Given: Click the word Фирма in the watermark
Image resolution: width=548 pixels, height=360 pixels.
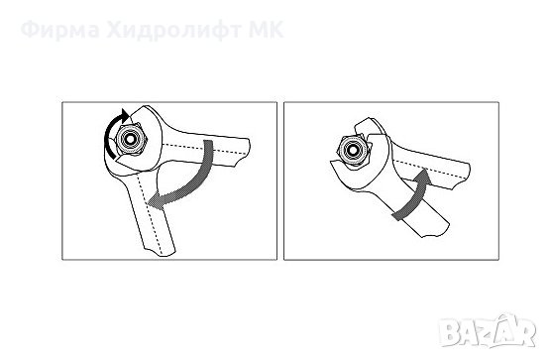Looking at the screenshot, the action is pyautogui.click(x=60, y=31).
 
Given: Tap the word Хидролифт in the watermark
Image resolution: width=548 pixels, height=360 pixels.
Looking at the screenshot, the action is pyautogui.click(x=173, y=31).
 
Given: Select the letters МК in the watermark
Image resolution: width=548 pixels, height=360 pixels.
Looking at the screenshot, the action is pyautogui.click(x=266, y=30).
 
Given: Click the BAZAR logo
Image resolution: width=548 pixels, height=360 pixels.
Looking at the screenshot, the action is pyautogui.click(x=488, y=331).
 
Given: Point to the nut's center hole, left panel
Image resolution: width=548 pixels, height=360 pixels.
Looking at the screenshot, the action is pyautogui.click(x=131, y=139).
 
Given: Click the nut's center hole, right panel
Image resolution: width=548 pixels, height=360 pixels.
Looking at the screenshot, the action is pyautogui.click(x=354, y=151).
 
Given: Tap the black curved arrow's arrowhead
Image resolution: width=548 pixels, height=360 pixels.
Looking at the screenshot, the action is pyautogui.click(x=123, y=115).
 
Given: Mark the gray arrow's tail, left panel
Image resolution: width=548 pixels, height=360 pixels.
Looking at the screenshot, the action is pyautogui.click(x=208, y=143).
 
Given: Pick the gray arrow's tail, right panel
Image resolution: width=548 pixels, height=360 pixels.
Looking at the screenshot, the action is pyautogui.click(x=396, y=216).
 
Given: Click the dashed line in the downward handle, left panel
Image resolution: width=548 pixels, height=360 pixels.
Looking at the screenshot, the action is pyautogui.click(x=150, y=212).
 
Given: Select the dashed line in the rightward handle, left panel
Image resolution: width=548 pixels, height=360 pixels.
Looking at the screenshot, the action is pyautogui.click(x=205, y=149).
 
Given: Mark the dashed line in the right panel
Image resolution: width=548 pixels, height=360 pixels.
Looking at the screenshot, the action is pyautogui.click(x=430, y=170).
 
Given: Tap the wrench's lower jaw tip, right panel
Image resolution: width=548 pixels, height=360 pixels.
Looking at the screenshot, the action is pyautogui.click(x=332, y=162).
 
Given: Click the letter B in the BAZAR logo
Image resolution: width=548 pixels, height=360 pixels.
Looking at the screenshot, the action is pyautogui.click(x=450, y=332).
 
